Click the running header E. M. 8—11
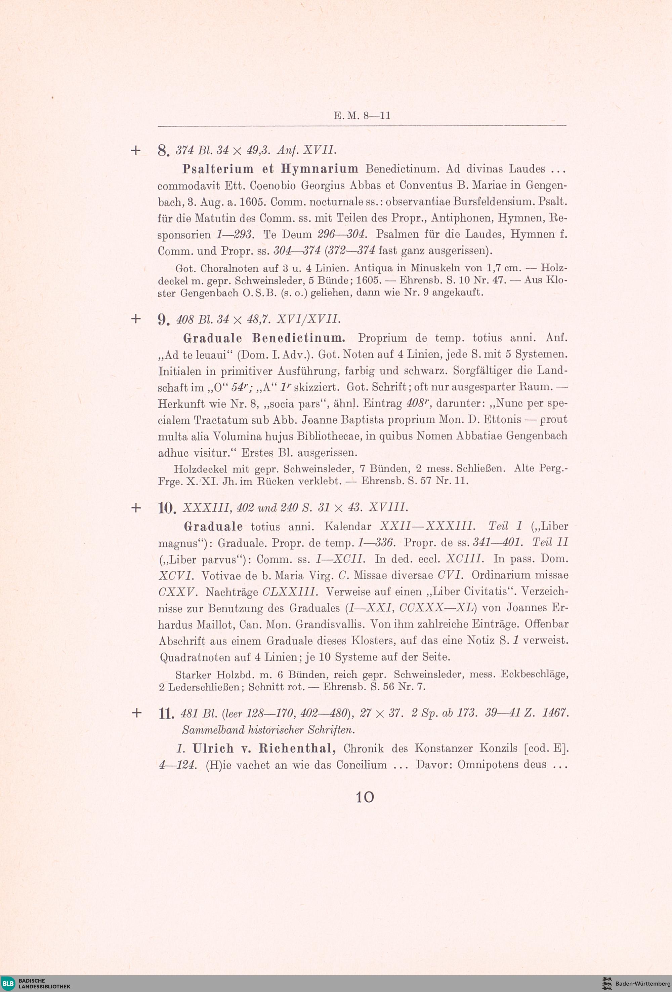362,116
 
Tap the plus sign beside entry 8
136,150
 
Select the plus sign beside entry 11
136,713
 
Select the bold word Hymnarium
320,169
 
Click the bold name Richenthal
298,748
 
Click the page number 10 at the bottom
365,797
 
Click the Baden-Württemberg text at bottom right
642,984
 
